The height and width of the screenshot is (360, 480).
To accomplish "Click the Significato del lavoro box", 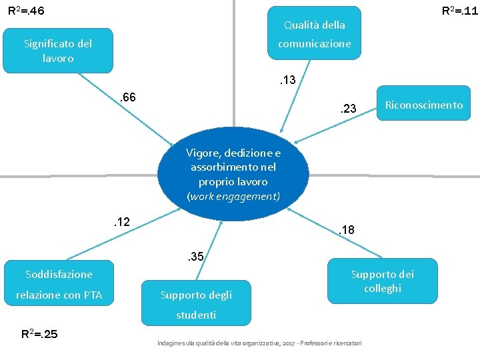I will coord(58,51).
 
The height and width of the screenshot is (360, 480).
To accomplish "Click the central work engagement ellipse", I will coord(233,175).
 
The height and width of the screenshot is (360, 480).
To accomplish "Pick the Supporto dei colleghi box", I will coord(383,281).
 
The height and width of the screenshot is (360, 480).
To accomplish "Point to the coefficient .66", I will coord(127,98).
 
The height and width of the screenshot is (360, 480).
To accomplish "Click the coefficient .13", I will coord(287,81).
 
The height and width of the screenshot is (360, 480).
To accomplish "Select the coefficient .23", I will coord(348,109).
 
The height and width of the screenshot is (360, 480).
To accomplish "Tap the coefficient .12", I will coord(120,221).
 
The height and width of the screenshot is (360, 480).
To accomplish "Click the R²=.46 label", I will coord(26,11).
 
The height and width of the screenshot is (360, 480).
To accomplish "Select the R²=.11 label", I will coord(460,11).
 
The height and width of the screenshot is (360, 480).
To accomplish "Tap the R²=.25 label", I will coord(40,334).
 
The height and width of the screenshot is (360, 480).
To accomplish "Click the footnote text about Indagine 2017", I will coord(259,343).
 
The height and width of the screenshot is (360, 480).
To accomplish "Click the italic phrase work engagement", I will coord(233,197).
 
